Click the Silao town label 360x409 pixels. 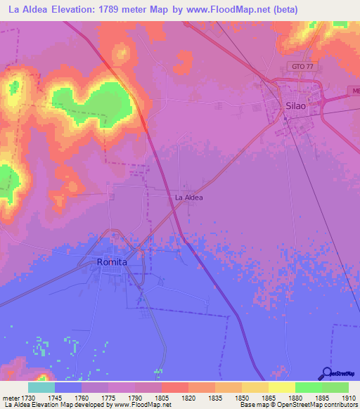point(296,105)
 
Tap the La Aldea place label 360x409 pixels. point(188,198)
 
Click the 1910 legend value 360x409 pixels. point(348,398)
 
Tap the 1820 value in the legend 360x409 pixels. point(188,398)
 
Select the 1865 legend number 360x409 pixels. point(269,398)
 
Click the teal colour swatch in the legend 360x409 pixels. point(41,387)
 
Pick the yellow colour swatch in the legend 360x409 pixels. point(281,387)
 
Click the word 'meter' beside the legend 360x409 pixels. point(11,398)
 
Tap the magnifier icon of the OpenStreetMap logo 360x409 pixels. point(326,373)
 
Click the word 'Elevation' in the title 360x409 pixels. point(71,10)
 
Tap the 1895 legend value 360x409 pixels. point(322,398)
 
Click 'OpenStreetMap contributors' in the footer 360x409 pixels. point(320,405)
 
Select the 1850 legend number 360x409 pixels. point(242,398)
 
